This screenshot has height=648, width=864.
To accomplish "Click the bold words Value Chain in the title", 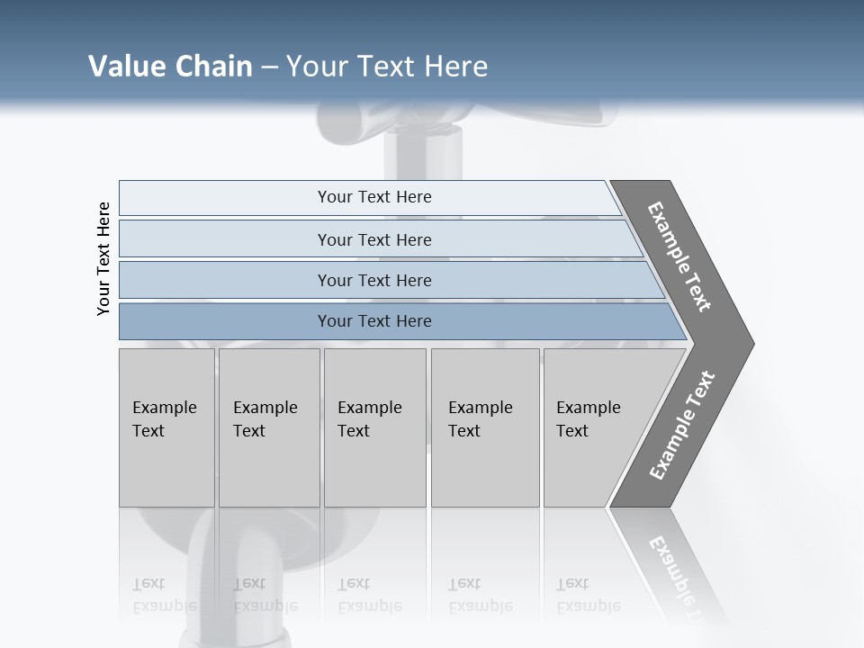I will point(170,67).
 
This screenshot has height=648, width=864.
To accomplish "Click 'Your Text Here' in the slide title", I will point(387,67).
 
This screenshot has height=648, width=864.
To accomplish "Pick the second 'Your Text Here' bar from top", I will point(373,239).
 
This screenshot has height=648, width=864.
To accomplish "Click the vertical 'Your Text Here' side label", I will point(103,258).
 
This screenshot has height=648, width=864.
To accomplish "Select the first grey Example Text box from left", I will point(166,427).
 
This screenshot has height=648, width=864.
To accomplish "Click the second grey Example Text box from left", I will point(269,427).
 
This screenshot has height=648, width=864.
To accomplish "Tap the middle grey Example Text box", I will point(374,427).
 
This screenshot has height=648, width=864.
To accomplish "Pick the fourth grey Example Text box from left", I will point(485,427).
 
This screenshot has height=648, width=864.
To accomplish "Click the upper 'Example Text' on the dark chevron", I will point(679,256).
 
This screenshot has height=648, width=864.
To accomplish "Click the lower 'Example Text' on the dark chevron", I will point(682,426).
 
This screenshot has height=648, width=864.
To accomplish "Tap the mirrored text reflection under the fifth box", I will point(588,595).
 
